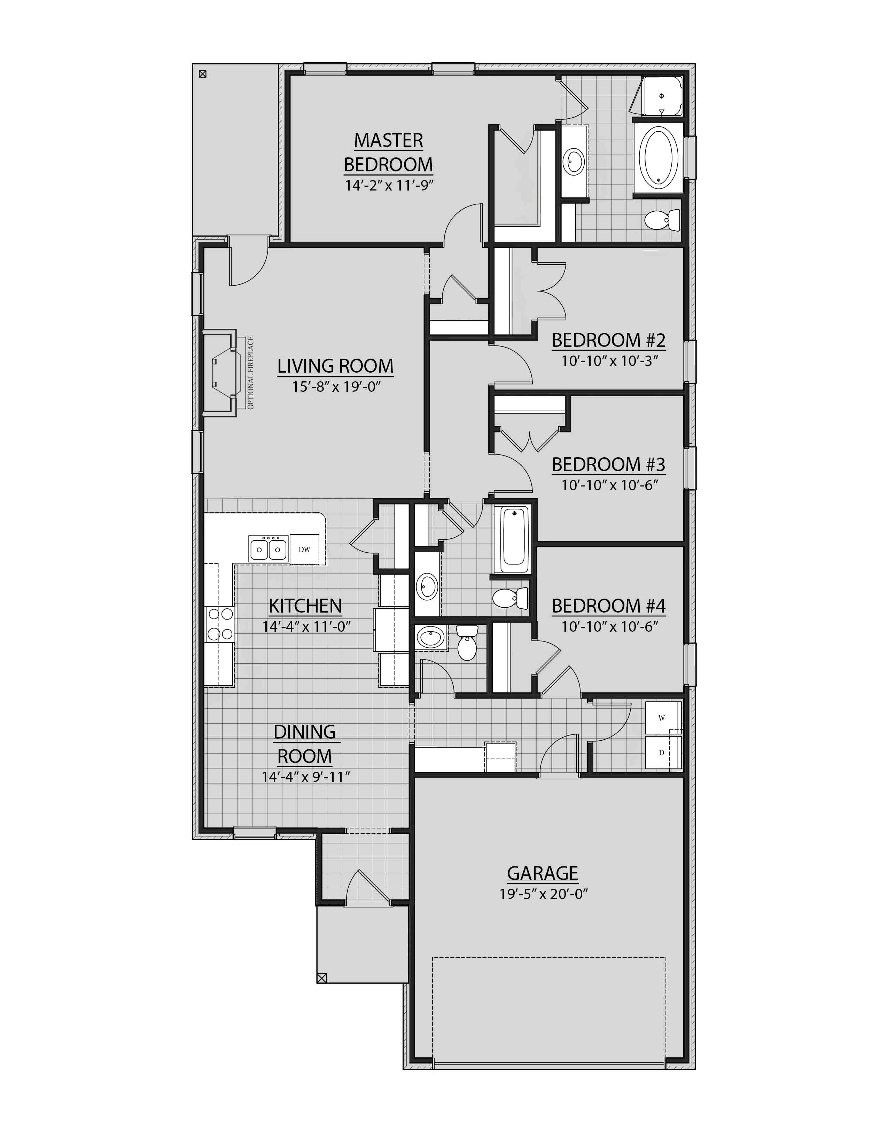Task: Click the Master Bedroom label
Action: pos(388,152)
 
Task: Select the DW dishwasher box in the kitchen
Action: pos(304,549)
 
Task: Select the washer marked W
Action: pos(662,718)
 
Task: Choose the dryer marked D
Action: pos(662,753)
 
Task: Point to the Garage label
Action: pos(543,873)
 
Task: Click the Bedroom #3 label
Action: pos(608,465)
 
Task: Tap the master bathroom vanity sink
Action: pos(574,161)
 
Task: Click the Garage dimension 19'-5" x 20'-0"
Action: pos(543,894)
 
